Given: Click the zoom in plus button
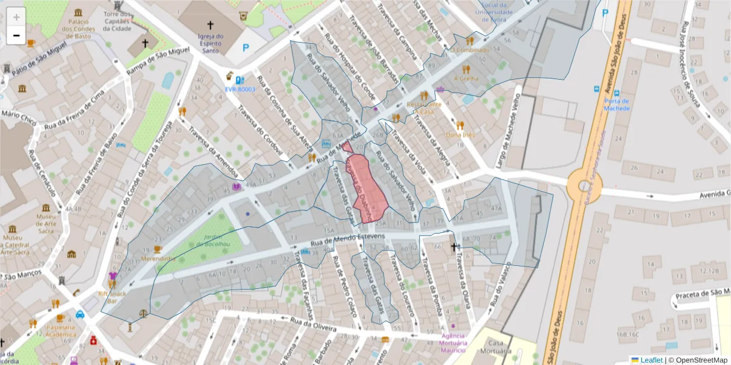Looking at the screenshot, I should coord(16,17).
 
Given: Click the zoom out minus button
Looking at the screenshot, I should coord(16,35).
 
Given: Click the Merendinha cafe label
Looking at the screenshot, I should coord(158,259).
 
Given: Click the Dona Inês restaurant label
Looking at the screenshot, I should coord(461,134).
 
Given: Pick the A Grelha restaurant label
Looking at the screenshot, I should coord(466,78).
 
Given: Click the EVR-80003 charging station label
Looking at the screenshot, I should coord(240,89).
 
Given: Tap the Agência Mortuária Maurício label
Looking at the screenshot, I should coord(453,342).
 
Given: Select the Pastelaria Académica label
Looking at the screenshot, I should coord(60,330).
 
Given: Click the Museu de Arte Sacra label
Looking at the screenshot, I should coord(46,221).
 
